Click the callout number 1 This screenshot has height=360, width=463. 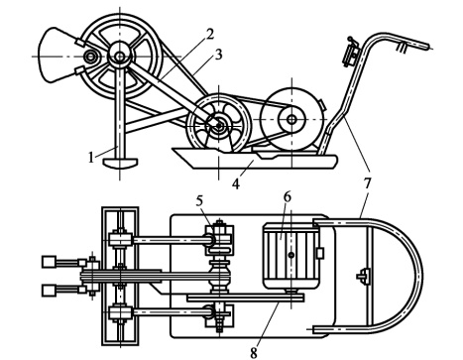tap(91, 158)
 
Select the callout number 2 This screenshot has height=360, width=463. tap(210, 35)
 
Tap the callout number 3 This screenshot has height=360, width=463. tap(218, 55)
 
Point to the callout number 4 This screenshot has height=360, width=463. tap(236, 183)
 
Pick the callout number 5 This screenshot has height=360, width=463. tap(199, 201)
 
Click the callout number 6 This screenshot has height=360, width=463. tap(287, 197)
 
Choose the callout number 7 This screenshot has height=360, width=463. tap(368, 183)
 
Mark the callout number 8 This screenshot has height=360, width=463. tap(254, 353)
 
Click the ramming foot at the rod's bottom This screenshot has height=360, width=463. tap(120, 163)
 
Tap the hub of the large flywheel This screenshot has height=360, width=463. tap(120, 57)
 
